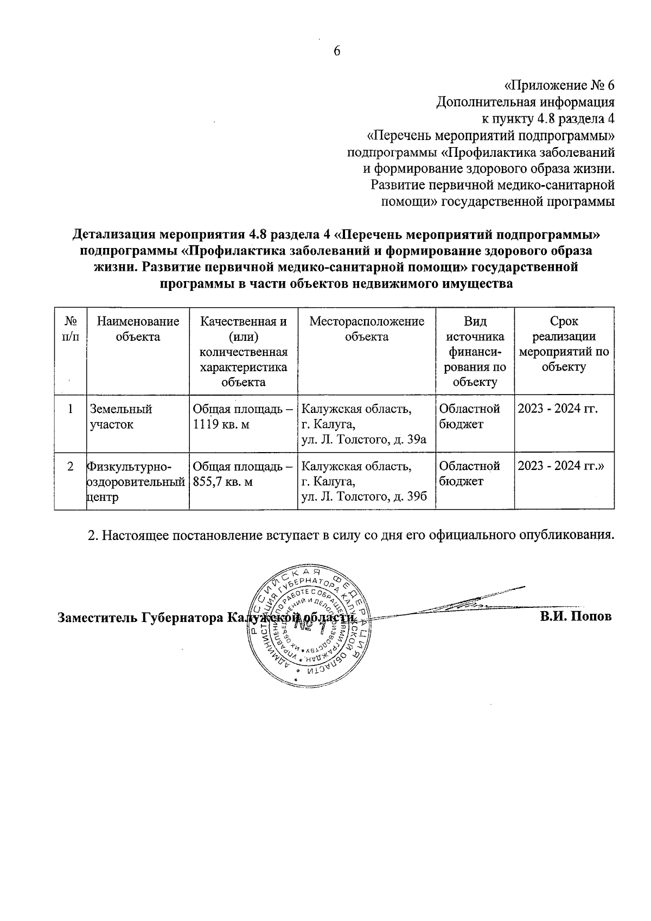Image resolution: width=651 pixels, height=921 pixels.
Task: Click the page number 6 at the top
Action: pyautogui.click(x=336, y=51)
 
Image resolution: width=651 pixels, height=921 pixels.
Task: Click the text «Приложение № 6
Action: pyautogui.click(x=559, y=86)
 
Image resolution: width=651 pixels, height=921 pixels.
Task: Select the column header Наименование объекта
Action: pyautogui.click(x=138, y=329)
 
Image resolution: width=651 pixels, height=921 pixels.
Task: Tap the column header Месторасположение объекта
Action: pyautogui.click(x=367, y=329)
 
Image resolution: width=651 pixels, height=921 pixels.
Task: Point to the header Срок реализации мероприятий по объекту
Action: pyautogui.click(x=564, y=344)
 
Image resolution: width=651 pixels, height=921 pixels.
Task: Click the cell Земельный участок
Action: pyautogui.click(x=120, y=417)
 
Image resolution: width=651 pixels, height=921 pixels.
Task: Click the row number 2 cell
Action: pyautogui.click(x=71, y=466)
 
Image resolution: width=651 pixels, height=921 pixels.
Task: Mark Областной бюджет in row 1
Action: pyautogui.click(x=469, y=417)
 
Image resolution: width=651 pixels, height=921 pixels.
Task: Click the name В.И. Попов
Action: pyautogui.click(x=576, y=617)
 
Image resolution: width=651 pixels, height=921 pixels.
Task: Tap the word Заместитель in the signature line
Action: pyautogui.click(x=98, y=618)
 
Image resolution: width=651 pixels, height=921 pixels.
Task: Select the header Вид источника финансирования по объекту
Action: pyautogui.click(x=475, y=352)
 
